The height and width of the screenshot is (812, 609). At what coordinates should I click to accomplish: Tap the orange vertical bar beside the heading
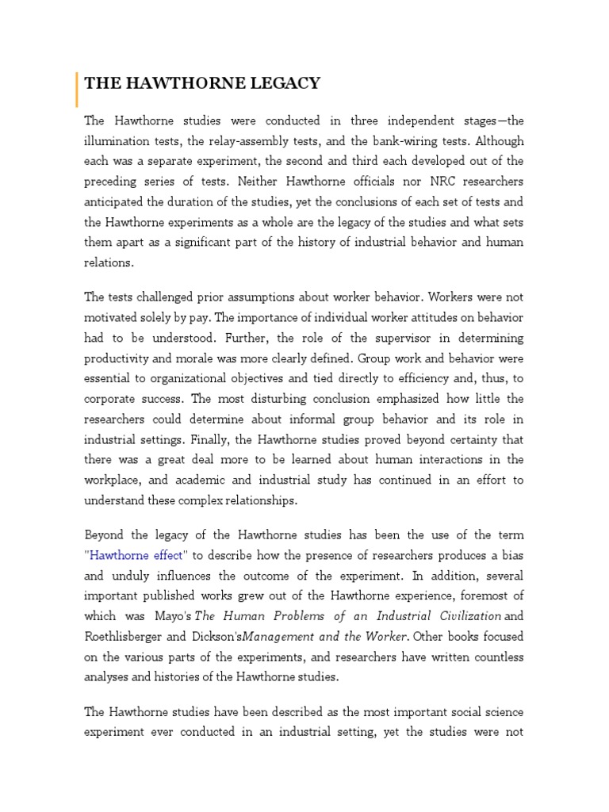[77, 88]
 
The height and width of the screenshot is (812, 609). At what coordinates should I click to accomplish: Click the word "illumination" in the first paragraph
[118, 141]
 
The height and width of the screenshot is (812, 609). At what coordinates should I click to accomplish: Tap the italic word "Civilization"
[460, 616]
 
